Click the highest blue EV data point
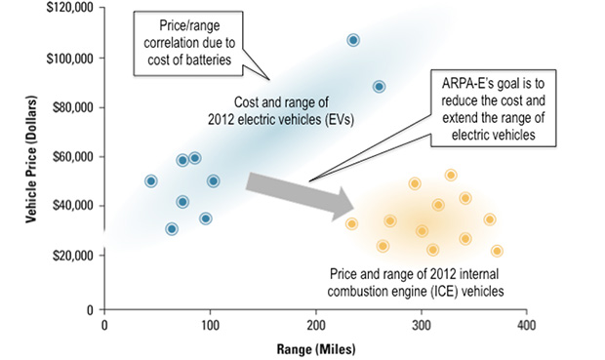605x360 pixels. click(353, 40)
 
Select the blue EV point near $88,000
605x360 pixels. click(379, 87)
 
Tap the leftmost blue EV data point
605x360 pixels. click(151, 181)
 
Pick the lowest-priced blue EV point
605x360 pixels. click(172, 229)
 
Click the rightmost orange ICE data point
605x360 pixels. click(497, 251)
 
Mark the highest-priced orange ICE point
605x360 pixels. click(451, 176)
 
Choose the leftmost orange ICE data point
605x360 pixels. click(351, 224)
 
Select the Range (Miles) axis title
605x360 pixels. click(315, 347)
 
